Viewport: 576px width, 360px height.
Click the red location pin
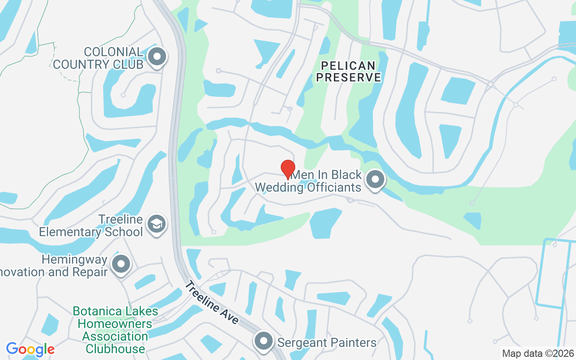coord(288,169)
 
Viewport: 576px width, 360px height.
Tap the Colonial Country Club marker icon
coord(157,57)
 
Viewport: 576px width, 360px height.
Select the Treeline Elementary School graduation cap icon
coord(157,223)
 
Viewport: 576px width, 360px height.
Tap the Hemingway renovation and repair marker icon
coord(121,264)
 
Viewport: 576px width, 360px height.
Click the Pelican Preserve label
coord(348,72)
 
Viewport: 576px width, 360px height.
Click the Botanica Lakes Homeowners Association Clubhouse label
coord(116,330)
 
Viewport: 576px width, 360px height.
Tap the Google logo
coord(31,349)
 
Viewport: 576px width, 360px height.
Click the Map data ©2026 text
coord(538,353)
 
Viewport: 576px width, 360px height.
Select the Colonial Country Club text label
coord(98,58)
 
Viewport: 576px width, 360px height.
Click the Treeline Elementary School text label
coord(91,226)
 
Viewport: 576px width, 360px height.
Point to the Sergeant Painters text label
coord(327,342)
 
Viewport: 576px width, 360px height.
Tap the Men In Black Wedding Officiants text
coord(308,180)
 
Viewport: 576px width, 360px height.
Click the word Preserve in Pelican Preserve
coord(348,77)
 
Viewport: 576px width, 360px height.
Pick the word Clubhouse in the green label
coord(116,349)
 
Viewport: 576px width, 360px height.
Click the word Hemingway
coord(74,260)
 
